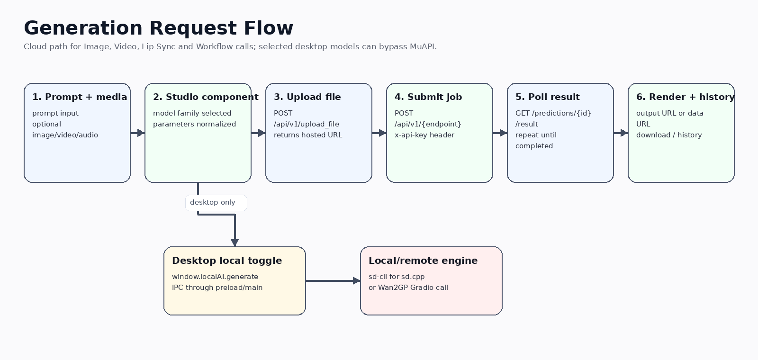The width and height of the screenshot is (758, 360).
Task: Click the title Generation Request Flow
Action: click(x=158, y=28)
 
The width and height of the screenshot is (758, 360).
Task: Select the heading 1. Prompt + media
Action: click(x=80, y=97)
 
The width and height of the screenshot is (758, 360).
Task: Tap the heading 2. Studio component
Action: click(x=206, y=97)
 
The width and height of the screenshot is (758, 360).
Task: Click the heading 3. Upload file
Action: click(x=307, y=97)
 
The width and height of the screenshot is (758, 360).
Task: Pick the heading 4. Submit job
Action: click(x=428, y=97)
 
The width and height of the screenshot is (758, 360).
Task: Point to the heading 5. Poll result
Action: click(x=548, y=97)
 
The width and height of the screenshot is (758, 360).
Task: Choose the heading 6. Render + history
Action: click(x=685, y=97)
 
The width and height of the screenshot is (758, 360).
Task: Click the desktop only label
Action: click(x=213, y=202)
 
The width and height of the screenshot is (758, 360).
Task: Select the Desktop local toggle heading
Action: click(x=227, y=261)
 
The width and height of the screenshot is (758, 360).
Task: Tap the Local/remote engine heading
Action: click(x=423, y=261)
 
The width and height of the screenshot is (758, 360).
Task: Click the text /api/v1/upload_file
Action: click(x=306, y=124)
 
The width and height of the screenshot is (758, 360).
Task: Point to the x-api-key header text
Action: click(x=424, y=135)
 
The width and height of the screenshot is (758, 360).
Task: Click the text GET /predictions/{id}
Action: click(x=553, y=113)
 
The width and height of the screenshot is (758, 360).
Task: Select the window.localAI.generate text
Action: click(x=215, y=277)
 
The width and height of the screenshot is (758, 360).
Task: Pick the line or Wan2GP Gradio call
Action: click(x=408, y=288)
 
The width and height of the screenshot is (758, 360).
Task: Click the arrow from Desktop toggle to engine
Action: click(x=333, y=280)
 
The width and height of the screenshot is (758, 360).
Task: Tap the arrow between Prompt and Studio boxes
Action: click(x=138, y=133)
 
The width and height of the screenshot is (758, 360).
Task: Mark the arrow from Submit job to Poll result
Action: click(x=500, y=133)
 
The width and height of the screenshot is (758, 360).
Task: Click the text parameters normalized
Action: click(x=194, y=124)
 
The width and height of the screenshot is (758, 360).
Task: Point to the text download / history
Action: click(x=669, y=135)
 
